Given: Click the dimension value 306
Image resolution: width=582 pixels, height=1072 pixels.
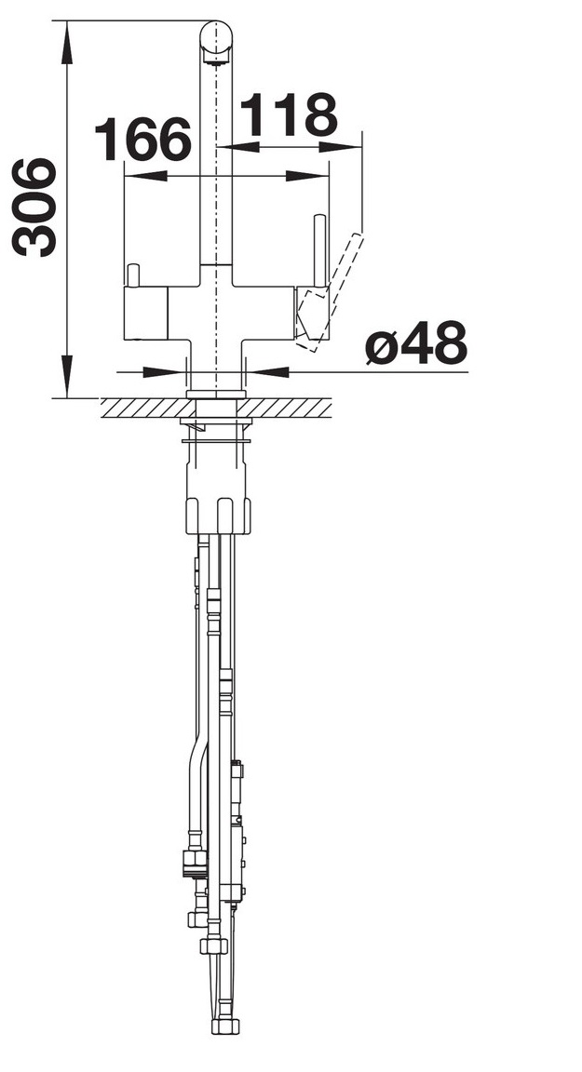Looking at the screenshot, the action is coord(34,208).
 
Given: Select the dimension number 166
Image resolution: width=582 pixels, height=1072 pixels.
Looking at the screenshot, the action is coord(142,139).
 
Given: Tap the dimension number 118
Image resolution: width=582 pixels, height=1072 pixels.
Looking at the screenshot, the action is coord(289,114).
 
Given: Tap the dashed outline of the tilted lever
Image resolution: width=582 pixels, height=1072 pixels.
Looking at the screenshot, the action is coord(331,295).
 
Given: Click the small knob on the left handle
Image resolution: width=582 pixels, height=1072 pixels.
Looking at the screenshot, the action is coord(132,275).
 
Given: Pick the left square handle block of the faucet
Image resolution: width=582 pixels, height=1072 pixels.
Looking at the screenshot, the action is coord(145,314).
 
